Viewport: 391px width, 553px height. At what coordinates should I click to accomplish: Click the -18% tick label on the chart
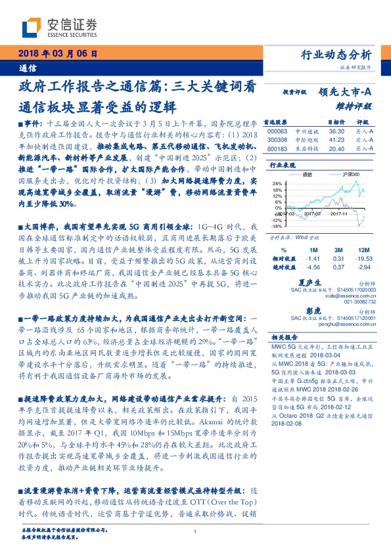[x=277, y=225]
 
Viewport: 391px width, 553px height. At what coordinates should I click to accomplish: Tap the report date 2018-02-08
[x=287, y=424]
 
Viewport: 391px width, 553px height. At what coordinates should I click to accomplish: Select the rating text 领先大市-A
[x=346, y=93]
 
